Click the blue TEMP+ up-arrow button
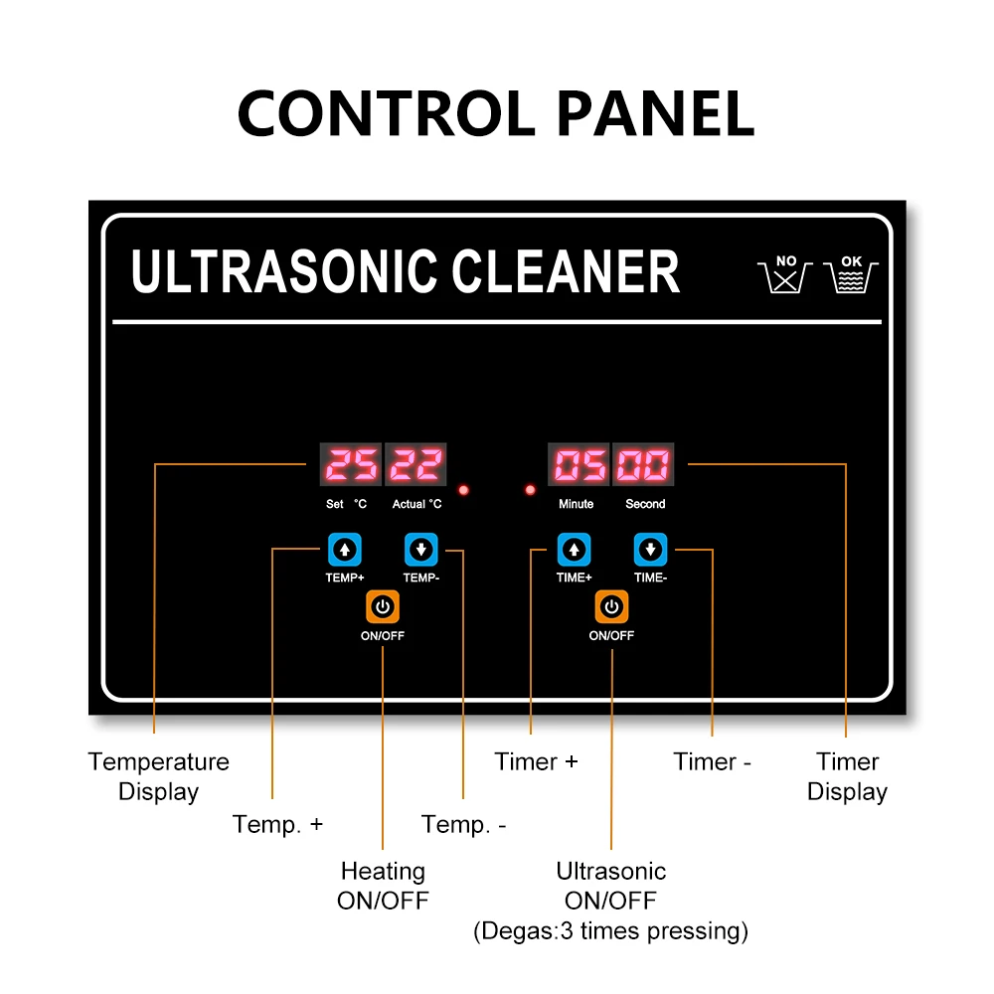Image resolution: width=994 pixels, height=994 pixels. coord(344,549)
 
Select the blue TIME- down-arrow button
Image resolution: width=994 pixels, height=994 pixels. coord(650,549)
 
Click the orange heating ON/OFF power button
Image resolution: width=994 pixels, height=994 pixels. coord(383,606)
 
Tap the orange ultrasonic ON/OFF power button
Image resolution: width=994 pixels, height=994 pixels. coord(611,606)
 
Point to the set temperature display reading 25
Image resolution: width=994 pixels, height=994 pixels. coord(351,465)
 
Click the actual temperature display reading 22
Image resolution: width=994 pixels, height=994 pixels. coord(415,465)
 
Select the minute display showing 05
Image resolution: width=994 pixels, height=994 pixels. coord(580,465)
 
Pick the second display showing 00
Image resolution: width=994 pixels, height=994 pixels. coord(643,465)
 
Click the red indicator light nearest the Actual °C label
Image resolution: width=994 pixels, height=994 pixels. coord(464,490)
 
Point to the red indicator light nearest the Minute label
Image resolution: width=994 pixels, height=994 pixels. coord(530,490)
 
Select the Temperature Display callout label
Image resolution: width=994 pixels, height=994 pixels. coord(159,776)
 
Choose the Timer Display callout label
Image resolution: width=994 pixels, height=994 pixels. coord(847,776)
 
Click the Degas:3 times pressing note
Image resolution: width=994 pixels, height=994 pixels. coord(610,931)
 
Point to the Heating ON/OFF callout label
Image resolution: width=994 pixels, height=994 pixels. coord(383,886)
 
